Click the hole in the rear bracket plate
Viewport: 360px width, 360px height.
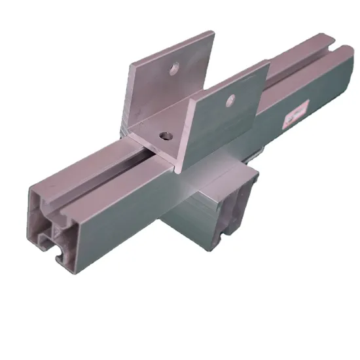pos(175,66)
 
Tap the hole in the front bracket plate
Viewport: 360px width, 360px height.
pos(230,100)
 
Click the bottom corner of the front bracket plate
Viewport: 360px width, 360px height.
pos(181,171)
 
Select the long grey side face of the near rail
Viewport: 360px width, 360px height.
pos(131,216)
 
